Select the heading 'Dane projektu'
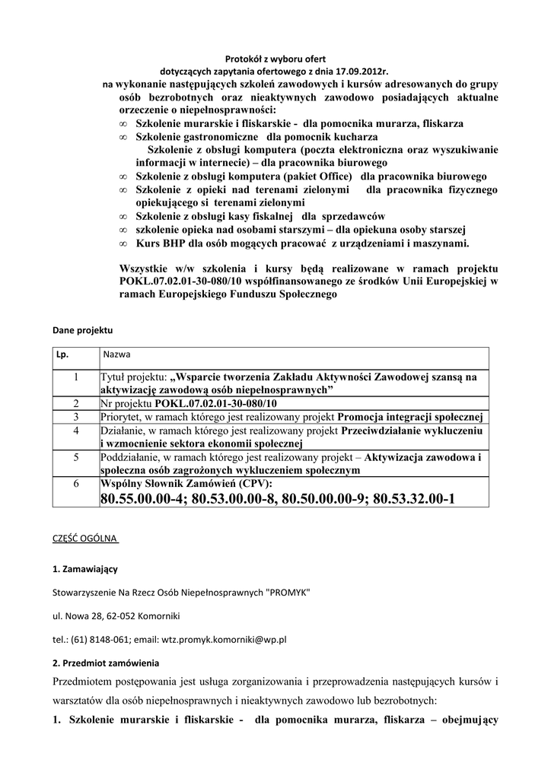point(82,332)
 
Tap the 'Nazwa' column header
point(116,355)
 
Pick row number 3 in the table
point(76,417)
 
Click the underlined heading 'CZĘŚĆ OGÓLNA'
point(84,539)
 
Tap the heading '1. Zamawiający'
point(84,568)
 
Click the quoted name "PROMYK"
point(286,592)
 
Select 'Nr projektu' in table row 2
point(126,403)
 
